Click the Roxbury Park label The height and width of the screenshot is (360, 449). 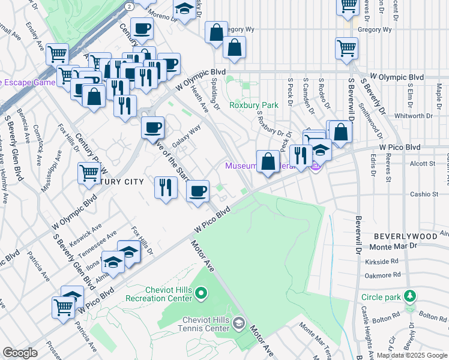(254, 105)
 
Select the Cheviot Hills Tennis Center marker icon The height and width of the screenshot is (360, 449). (239, 324)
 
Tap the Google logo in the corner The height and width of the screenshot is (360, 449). (20, 353)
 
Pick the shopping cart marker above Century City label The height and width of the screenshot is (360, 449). (89, 173)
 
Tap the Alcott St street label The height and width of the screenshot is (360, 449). (422, 163)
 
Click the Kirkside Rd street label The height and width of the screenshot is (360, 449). (385, 262)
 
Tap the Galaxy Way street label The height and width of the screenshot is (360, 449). (186, 138)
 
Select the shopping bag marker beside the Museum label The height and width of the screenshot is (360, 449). (268, 161)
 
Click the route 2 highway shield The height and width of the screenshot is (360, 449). (129, 5)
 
